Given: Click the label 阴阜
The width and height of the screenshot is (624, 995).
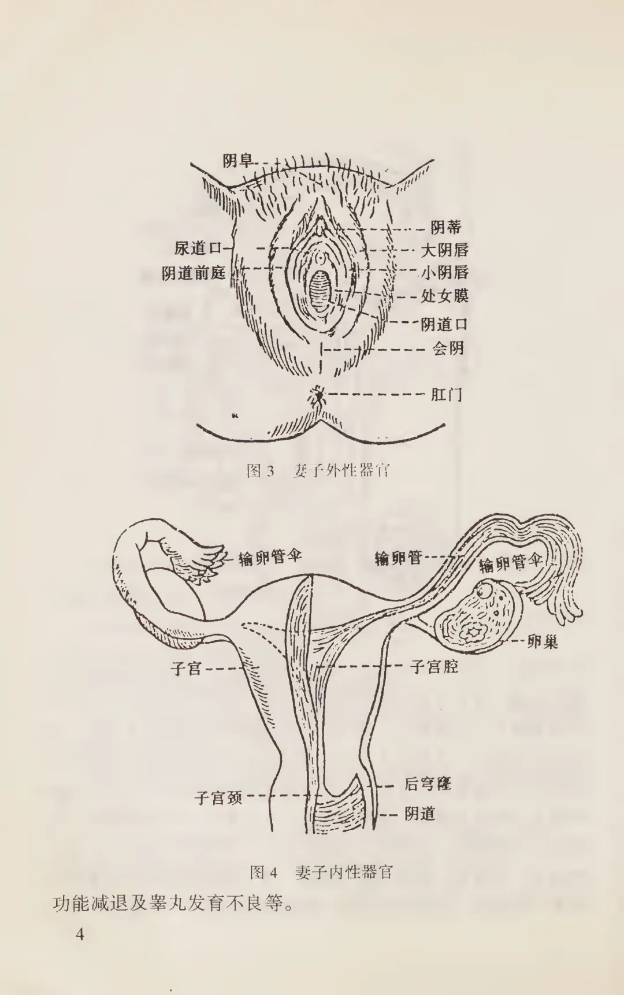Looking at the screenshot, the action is click(x=238, y=161).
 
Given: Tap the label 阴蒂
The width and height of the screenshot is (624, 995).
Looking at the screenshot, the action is click(x=446, y=228).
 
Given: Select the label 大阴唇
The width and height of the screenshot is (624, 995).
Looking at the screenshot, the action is click(x=444, y=250).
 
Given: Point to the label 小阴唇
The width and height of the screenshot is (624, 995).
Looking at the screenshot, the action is click(x=444, y=273).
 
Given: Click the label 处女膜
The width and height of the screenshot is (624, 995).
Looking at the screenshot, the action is click(x=444, y=296).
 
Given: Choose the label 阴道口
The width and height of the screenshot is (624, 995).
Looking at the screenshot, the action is click(x=444, y=324).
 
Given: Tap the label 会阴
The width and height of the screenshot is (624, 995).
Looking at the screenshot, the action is click(x=448, y=348).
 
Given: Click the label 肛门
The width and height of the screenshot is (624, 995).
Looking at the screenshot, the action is click(x=447, y=395).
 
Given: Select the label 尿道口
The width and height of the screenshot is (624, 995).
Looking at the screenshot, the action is click(x=198, y=248).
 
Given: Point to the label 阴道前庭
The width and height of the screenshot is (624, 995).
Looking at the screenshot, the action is click(x=194, y=273).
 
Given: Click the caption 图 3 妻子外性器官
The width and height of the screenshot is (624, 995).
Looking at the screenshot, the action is click(x=318, y=470).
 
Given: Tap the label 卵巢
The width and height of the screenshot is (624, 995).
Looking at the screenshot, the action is click(x=543, y=641).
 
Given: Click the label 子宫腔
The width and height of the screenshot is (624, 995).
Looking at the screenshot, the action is click(x=434, y=667).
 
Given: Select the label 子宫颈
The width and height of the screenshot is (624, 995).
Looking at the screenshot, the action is click(x=218, y=798).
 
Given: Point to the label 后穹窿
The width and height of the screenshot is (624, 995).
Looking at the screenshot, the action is click(x=428, y=784).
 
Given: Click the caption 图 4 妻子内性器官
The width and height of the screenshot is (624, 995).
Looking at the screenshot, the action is click(x=321, y=872).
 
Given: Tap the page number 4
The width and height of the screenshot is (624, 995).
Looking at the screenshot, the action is click(x=80, y=934).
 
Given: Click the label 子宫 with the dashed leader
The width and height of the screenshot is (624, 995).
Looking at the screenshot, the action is click(x=186, y=669).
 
